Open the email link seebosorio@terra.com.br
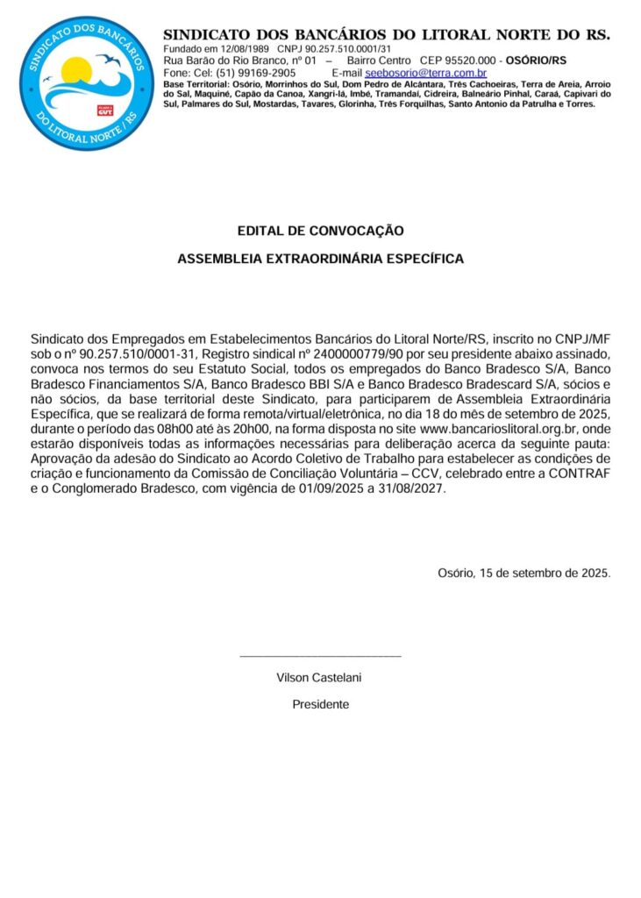click(425, 73)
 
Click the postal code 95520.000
click(471, 60)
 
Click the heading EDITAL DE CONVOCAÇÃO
click(320, 232)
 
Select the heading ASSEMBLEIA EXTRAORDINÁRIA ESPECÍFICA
click(320, 260)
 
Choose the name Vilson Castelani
click(319, 677)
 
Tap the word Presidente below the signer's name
click(320, 704)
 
